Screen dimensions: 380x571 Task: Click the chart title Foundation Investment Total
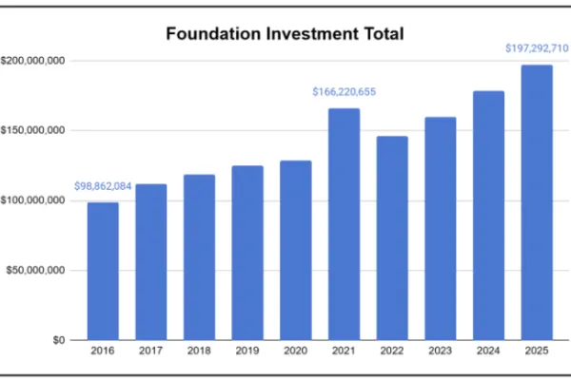click(x=285, y=34)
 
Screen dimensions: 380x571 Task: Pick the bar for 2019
click(x=247, y=253)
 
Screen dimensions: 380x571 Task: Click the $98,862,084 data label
click(x=103, y=185)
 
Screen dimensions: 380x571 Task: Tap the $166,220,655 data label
click(x=344, y=92)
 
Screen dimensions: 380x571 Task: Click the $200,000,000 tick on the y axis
click(x=33, y=61)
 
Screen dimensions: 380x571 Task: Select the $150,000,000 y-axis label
click(x=33, y=130)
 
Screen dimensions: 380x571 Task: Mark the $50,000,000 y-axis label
click(x=36, y=270)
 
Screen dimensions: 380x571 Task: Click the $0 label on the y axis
click(x=58, y=339)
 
